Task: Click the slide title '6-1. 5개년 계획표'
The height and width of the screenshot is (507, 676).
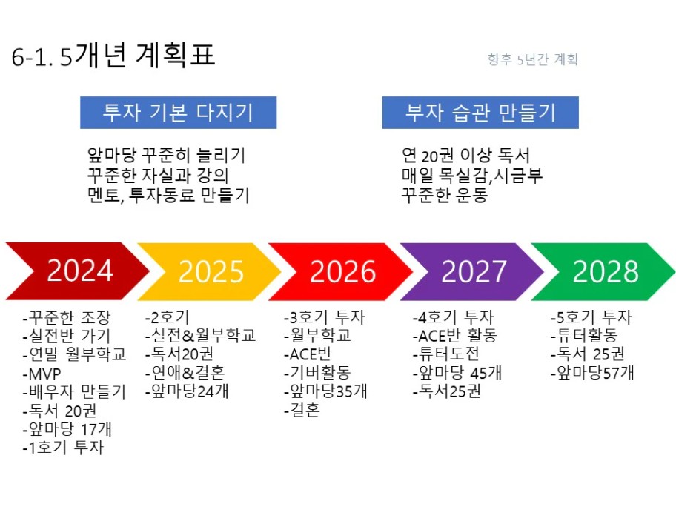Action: [x=113, y=56]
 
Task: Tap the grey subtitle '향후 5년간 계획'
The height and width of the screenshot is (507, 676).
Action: [x=532, y=59]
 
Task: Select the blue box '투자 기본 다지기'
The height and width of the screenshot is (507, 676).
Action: [x=178, y=113]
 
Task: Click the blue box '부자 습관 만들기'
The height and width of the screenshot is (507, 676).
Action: [x=480, y=113]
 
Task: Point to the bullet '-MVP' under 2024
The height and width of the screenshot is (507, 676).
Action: [x=42, y=374]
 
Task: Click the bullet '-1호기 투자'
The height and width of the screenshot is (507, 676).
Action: [x=64, y=448]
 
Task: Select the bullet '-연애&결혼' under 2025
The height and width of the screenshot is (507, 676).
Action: [x=185, y=373]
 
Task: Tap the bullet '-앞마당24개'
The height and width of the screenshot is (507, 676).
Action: [x=187, y=391]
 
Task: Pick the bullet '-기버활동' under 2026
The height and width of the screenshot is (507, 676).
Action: [x=317, y=373]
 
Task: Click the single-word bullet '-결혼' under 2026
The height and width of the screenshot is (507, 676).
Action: [x=302, y=410]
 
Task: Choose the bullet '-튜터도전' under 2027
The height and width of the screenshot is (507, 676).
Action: [x=445, y=354]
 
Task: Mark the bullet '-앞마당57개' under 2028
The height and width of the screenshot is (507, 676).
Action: [x=592, y=373]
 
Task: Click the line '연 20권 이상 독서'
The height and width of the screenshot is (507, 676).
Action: [x=465, y=155]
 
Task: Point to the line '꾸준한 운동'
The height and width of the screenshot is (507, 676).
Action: [x=445, y=195]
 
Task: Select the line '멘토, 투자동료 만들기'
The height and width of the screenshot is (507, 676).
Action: [x=168, y=195]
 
